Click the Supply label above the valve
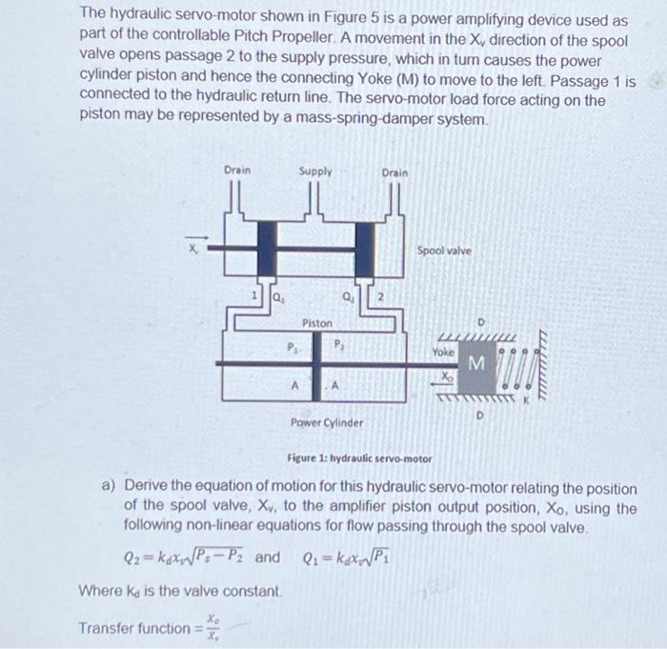pyautogui.click(x=315, y=172)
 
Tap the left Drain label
pyautogui.click(x=236, y=171)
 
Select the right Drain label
pyautogui.click(x=394, y=173)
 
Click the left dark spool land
pyautogui.click(x=266, y=247)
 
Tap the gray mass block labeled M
pyautogui.click(x=476, y=364)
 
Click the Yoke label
pyautogui.click(x=444, y=352)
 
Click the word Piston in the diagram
pyautogui.click(x=317, y=324)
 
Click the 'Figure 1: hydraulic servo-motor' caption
pyautogui.click(x=359, y=458)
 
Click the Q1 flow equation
pyautogui.click(x=348, y=557)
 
